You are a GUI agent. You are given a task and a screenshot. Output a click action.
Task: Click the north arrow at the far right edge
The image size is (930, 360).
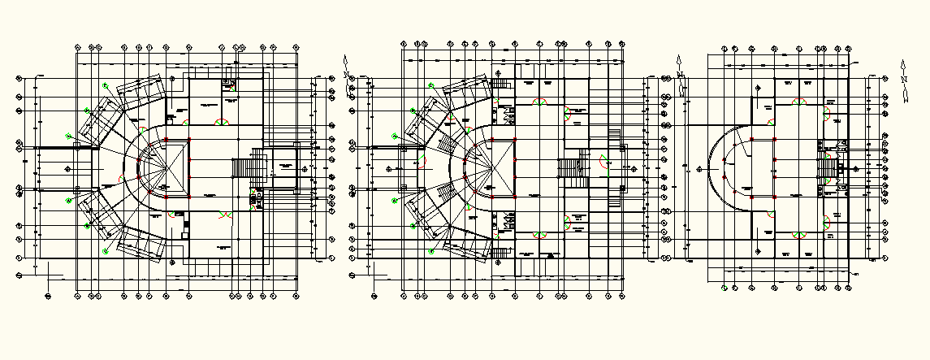[x=902, y=81]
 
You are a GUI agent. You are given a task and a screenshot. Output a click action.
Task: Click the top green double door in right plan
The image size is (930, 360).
[x=799, y=102]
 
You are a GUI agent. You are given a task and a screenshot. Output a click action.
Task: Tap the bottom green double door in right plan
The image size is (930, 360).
[x=799, y=234]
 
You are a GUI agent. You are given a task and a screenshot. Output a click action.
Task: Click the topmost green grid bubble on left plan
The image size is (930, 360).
[x=105, y=85]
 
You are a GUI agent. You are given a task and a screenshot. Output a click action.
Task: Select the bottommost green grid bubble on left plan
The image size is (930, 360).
[x=105, y=252]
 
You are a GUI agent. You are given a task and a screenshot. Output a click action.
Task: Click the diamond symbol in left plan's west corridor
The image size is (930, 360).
[x=67, y=168]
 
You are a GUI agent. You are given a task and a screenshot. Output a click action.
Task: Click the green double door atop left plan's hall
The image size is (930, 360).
[x=220, y=121]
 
